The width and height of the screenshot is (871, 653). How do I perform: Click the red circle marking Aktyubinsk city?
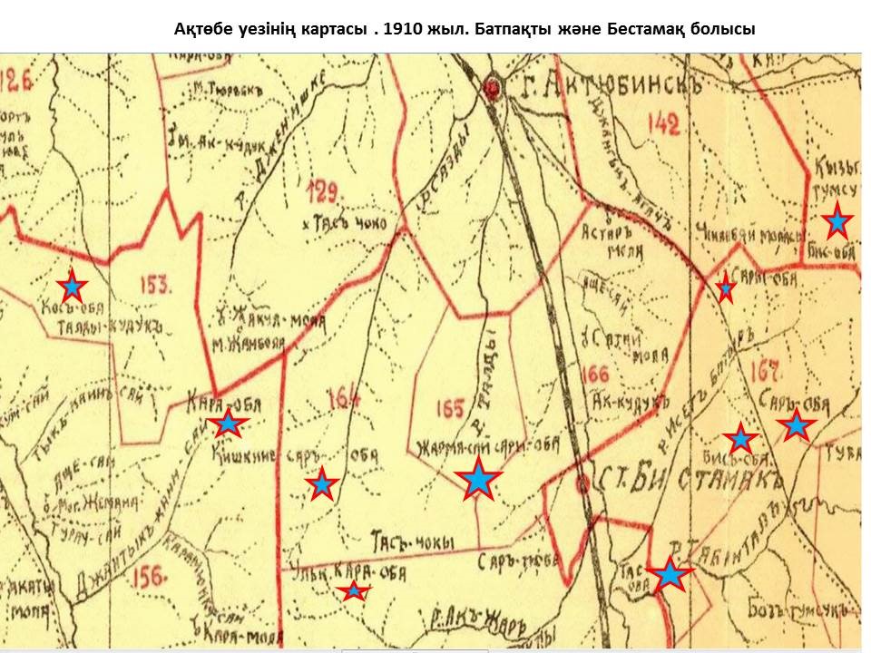494,88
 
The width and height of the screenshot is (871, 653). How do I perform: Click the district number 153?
155,285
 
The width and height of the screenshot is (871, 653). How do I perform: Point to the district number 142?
664,125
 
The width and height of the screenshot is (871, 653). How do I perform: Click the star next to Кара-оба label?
228,423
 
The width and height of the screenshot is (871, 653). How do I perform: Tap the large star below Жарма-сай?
478,479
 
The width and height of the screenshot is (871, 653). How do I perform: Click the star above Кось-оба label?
72,287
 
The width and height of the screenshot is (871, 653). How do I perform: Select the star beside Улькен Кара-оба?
353,591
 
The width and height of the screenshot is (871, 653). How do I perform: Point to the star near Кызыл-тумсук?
837,221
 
